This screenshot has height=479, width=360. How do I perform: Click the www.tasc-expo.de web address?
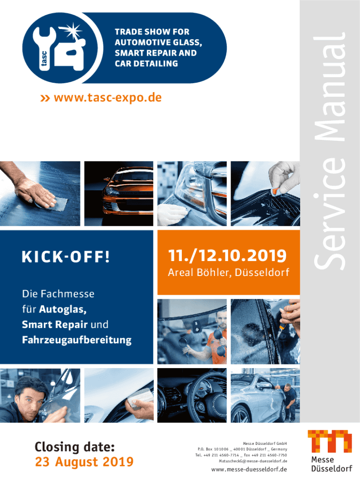108,98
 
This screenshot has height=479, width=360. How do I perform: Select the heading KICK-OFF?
65,257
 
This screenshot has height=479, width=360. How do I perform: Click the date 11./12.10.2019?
228,256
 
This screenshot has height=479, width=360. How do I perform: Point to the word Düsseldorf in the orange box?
262,272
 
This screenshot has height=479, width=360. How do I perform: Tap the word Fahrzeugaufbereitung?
77,340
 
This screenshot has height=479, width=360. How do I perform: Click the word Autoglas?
63,309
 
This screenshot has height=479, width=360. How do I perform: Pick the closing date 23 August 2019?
84,462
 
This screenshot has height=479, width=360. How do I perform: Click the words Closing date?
74,447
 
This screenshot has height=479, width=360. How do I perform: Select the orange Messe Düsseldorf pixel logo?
330,441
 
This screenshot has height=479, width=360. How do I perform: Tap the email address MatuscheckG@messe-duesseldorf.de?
253,461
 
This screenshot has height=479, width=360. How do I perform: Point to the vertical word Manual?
330,87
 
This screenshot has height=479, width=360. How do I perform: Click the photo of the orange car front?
119,194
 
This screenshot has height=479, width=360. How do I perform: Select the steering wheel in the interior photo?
211,397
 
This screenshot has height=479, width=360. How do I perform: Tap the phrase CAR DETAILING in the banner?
146,64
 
